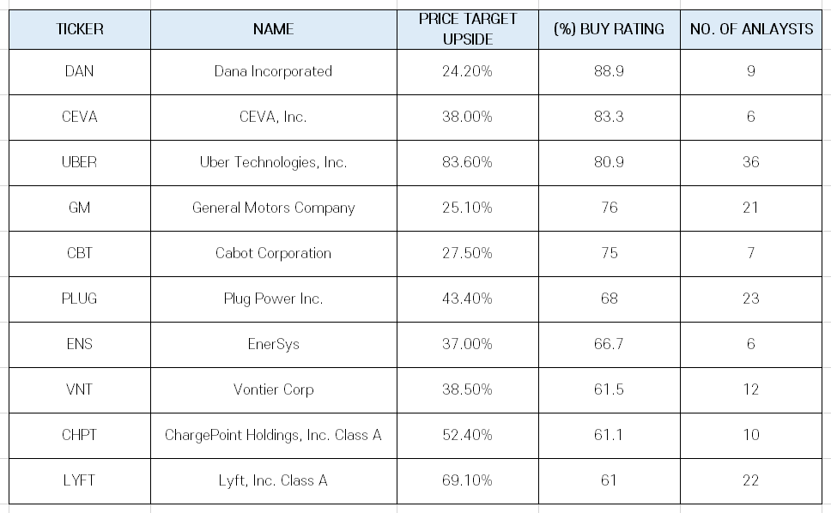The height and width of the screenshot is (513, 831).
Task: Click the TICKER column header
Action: click(x=80, y=29)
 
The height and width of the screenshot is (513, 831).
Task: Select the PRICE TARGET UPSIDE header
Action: click(x=467, y=29)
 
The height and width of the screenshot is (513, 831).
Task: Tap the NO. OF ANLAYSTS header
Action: click(x=751, y=29)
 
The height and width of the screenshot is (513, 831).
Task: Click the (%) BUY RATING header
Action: click(x=609, y=29)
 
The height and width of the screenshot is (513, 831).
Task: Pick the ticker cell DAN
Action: click(x=80, y=71)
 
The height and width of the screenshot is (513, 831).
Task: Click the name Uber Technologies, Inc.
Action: click(x=274, y=162)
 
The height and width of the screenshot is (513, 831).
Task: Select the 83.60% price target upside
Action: click(x=467, y=162)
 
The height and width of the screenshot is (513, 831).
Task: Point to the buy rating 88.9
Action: click(x=609, y=71)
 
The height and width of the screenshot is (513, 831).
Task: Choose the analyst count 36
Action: click(x=751, y=162)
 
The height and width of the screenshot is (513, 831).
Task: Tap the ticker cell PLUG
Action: click(x=80, y=299)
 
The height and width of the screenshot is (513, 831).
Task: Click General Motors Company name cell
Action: click(x=274, y=208)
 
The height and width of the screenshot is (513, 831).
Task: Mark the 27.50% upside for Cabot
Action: click(x=467, y=253)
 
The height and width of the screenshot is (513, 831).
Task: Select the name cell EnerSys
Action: click(x=274, y=344)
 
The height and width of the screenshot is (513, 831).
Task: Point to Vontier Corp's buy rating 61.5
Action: click(x=609, y=389)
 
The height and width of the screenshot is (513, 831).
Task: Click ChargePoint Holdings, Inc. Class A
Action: click(x=274, y=435)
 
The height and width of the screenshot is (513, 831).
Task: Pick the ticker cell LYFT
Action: click(x=80, y=480)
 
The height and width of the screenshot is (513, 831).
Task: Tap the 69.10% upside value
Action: click(x=467, y=480)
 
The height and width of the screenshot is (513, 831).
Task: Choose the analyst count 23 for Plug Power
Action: click(x=751, y=299)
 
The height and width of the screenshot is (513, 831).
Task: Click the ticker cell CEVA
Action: click(x=80, y=117)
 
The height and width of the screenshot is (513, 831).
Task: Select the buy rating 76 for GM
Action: click(x=609, y=208)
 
